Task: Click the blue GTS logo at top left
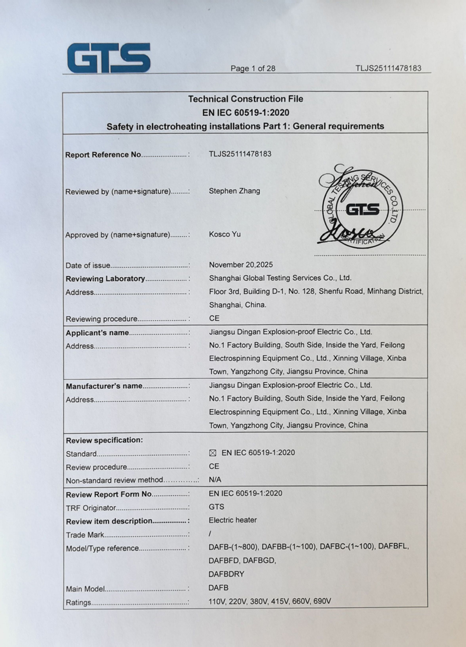click(108, 58)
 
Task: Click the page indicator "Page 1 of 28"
click(253, 69)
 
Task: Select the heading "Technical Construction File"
click(245, 99)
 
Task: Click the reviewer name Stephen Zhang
click(234, 191)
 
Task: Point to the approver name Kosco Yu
click(224, 234)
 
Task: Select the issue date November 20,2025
click(242, 265)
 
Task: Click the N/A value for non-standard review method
click(215, 479)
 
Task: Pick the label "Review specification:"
click(104, 440)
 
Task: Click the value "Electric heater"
click(232, 520)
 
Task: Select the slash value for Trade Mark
click(210, 534)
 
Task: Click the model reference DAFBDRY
click(226, 574)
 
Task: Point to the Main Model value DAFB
click(219, 588)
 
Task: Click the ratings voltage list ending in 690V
click(270, 602)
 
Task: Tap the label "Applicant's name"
click(97, 333)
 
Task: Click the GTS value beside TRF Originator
click(216, 507)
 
